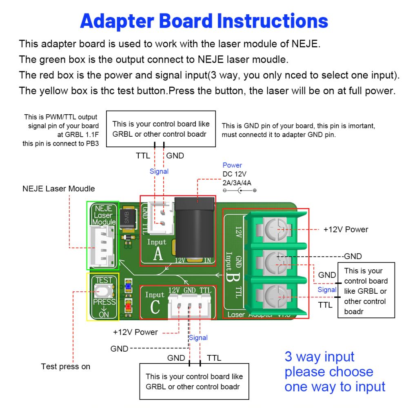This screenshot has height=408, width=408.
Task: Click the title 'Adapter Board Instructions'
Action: tap(204, 21)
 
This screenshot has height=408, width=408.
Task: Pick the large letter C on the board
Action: tap(155, 307)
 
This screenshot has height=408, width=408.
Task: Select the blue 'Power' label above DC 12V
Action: tap(232, 165)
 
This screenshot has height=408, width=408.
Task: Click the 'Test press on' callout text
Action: tap(66, 366)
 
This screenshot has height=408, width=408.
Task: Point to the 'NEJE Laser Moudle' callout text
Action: tap(58, 189)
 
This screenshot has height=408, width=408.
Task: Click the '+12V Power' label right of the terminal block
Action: tap(346, 229)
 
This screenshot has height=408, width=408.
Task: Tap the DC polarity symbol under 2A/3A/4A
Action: tap(240, 191)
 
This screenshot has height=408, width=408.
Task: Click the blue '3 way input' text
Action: tap(319, 357)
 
